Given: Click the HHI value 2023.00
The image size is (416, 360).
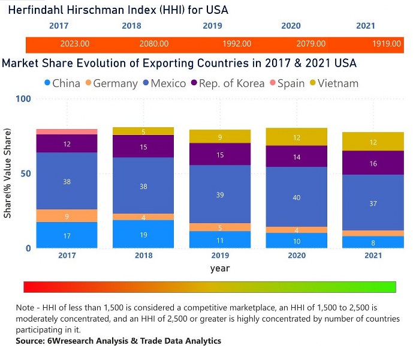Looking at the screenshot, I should point(75,44).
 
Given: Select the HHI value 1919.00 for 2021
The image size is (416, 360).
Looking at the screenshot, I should point(386,44).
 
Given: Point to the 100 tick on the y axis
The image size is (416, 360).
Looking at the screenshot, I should point(22,98).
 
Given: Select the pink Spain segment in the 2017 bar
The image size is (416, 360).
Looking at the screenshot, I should point(67,131).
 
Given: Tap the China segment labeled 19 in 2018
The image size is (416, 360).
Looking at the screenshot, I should point(143,235).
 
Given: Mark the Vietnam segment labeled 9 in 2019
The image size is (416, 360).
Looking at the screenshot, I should point(220,137).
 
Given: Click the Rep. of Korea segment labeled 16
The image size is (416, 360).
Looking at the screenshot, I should point(373,163).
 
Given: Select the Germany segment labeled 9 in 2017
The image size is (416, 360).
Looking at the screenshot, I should point(67,216).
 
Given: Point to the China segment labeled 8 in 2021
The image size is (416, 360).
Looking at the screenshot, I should point(373,242).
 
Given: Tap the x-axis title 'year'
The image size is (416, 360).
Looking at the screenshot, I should point(220,268).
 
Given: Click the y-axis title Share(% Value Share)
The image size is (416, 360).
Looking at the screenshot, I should point(8,174).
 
